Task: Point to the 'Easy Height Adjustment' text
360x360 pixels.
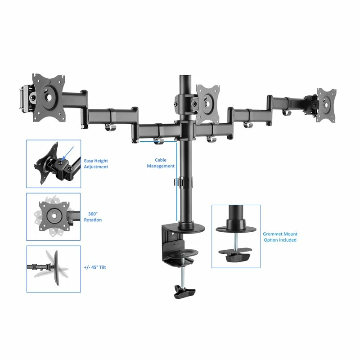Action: pyautogui.click(x=96, y=164)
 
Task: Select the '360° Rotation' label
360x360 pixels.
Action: pyautogui.click(x=93, y=217)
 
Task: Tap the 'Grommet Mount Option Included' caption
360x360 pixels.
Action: pyautogui.click(x=280, y=237)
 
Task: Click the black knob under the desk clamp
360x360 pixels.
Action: pyautogui.click(x=185, y=294)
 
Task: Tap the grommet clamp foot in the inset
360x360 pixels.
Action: pyautogui.click(x=235, y=256)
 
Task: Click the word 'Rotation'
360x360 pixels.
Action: pyautogui.click(x=93, y=220)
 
